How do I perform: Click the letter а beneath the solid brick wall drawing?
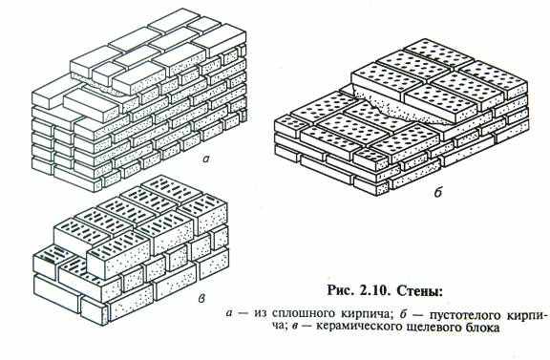tap(206, 159)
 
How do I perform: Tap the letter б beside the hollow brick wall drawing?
tap(437, 192)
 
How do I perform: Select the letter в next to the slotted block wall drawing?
tap(201, 299)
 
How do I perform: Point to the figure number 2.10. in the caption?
tap(375, 291)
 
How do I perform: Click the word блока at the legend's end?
tap(481, 328)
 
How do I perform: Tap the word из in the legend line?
tap(261, 314)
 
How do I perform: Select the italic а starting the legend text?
tap(229, 314)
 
